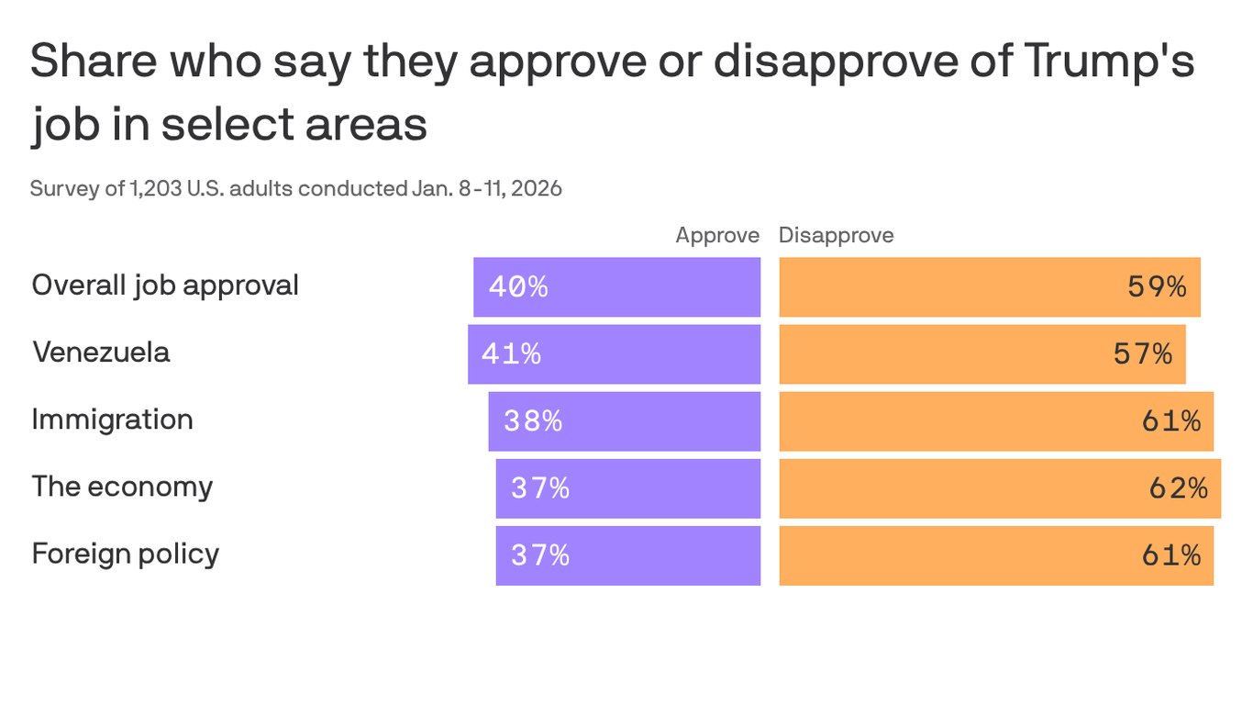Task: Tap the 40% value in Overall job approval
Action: (518, 287)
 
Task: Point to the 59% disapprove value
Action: (1157, 287)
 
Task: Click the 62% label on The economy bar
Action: (1178, 488)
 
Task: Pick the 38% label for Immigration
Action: (533, 421)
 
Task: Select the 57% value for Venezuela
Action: (1143, 354)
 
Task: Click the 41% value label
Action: (511, 354)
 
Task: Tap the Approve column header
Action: (717, 236)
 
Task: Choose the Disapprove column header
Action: (836, 236)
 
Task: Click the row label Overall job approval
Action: (165, 285)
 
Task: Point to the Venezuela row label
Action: (101, 352)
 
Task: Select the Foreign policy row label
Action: (125, 554)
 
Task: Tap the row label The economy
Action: (122, 487)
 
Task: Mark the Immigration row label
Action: (112, 420)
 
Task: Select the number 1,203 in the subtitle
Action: (157, 189)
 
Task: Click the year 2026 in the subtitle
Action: (537, 189)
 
